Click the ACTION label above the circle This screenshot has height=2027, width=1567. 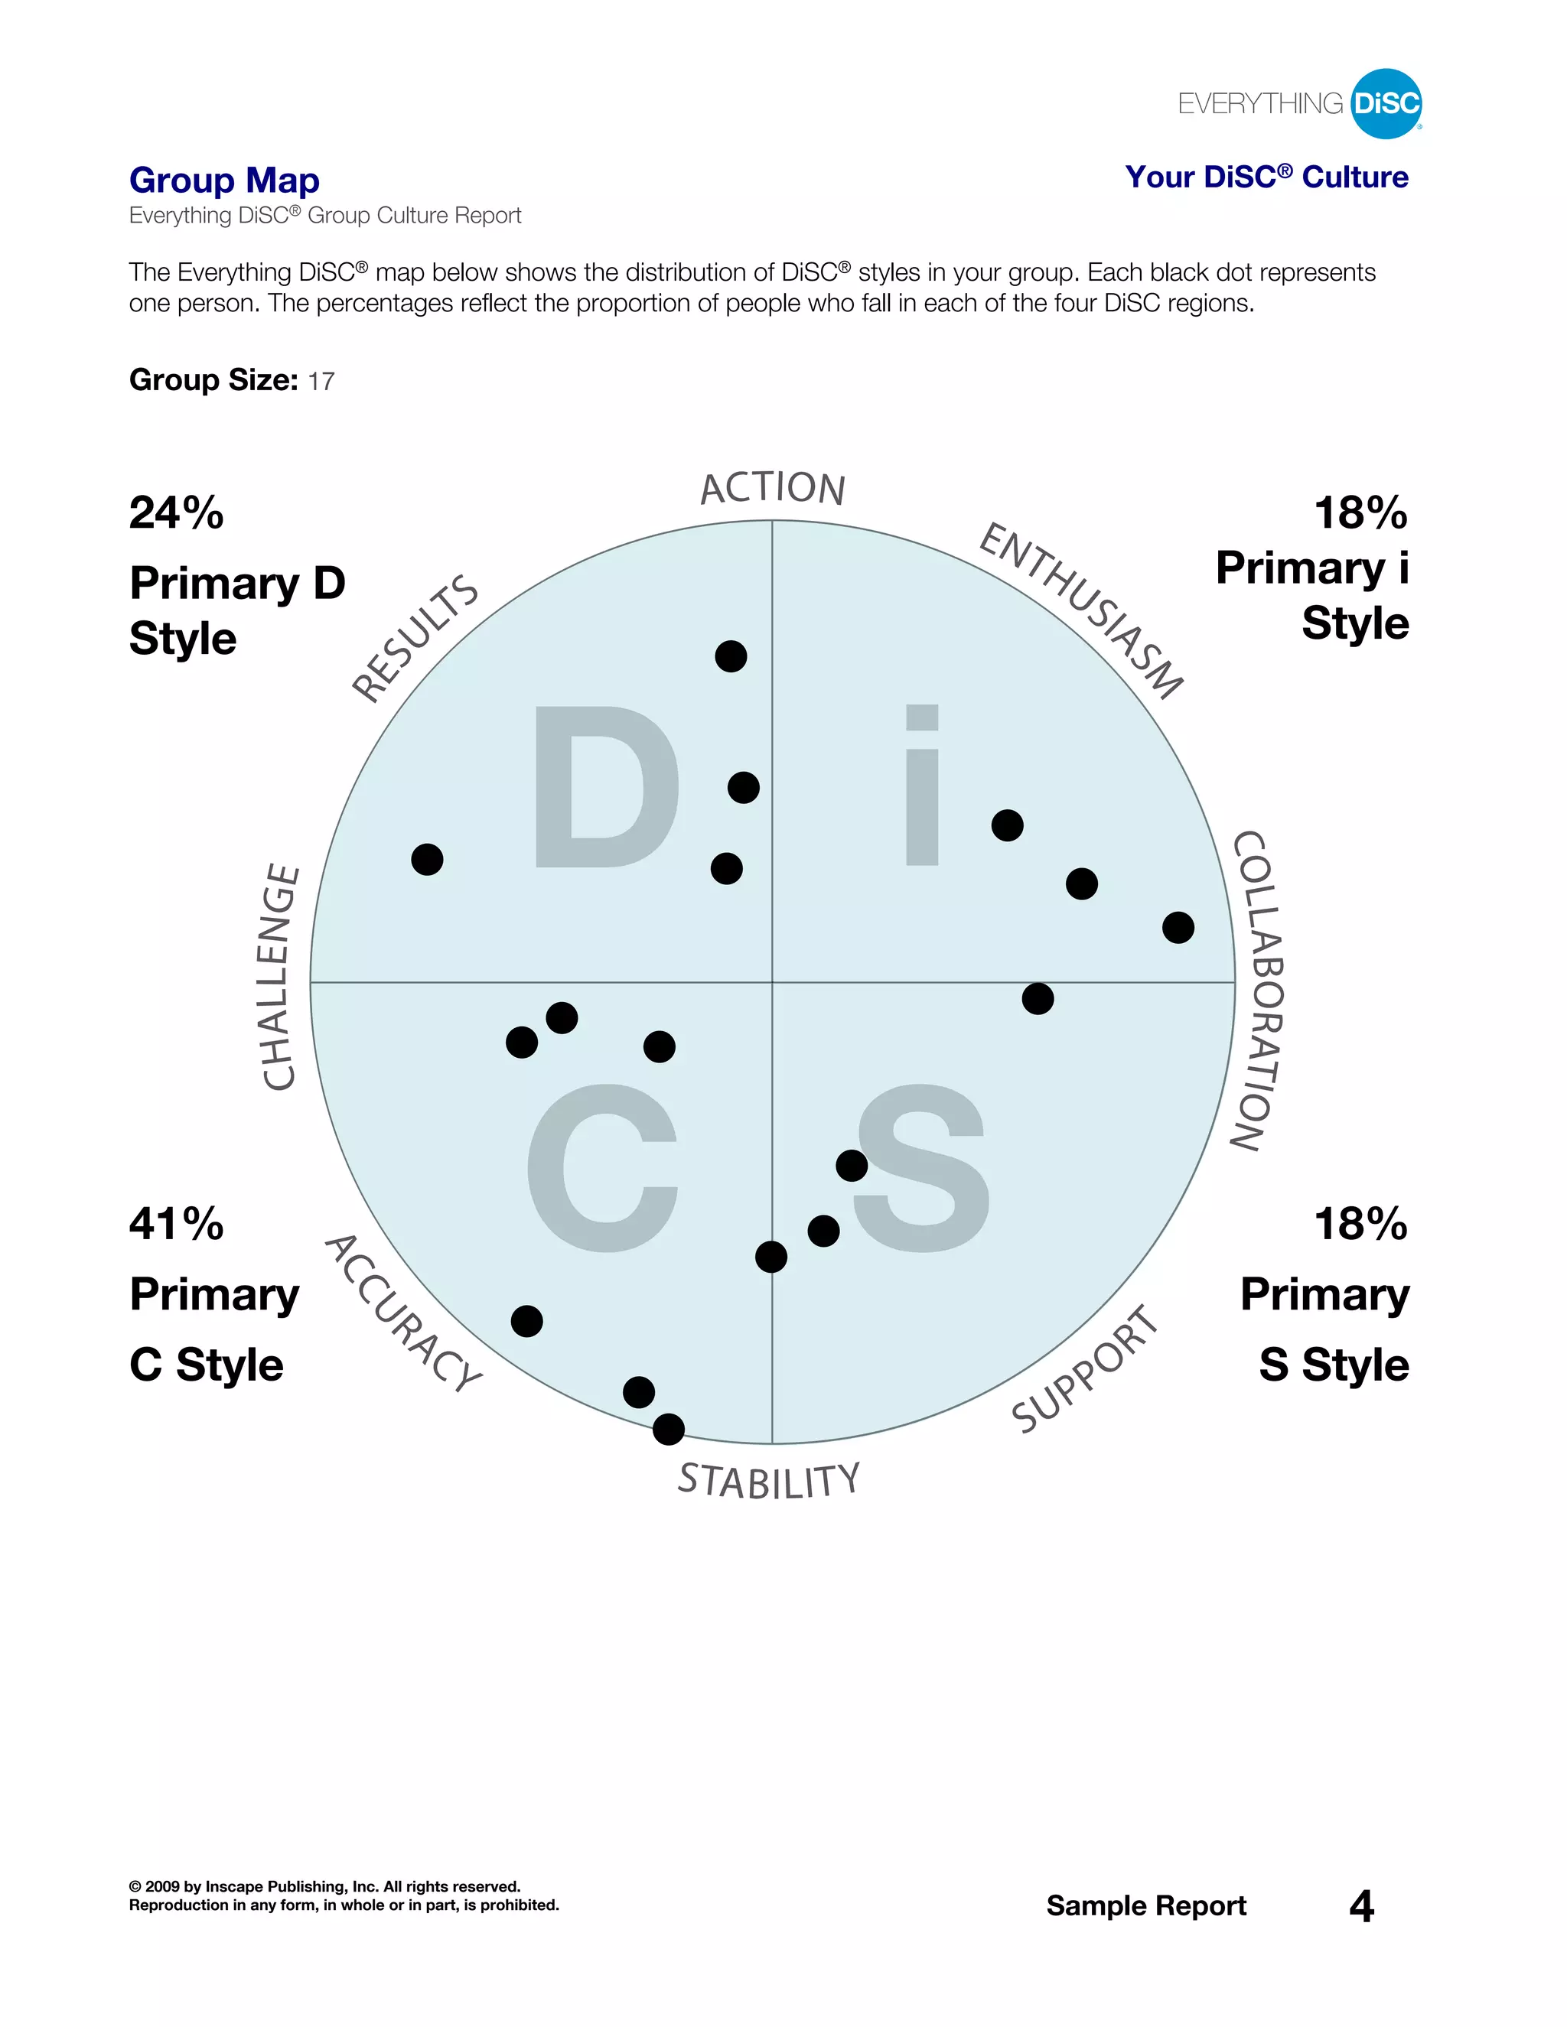point(772,488)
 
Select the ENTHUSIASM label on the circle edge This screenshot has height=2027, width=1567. point(1081,610)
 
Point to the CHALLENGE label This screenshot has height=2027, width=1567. point(279,978)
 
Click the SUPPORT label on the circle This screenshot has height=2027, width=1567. point(1085,1370)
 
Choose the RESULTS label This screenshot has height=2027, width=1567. point(415,638)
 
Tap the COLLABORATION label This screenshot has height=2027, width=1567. point(1259,991)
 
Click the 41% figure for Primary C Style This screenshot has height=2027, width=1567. point(177,1224)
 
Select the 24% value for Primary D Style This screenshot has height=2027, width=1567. point(177,513)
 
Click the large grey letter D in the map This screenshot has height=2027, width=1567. point(605,787)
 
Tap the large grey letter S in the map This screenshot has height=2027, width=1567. point(921,1167)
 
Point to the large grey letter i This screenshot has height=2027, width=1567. point(922,786)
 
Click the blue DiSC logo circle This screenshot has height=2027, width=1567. point(1386,103)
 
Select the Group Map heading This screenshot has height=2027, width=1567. point(225,180)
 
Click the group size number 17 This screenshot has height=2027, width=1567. point(321,382)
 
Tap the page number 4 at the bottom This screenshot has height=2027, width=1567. point(1361,1906)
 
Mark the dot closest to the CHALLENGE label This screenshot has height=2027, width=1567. point(427,860)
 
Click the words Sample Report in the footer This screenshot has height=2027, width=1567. point(1145,1905)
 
